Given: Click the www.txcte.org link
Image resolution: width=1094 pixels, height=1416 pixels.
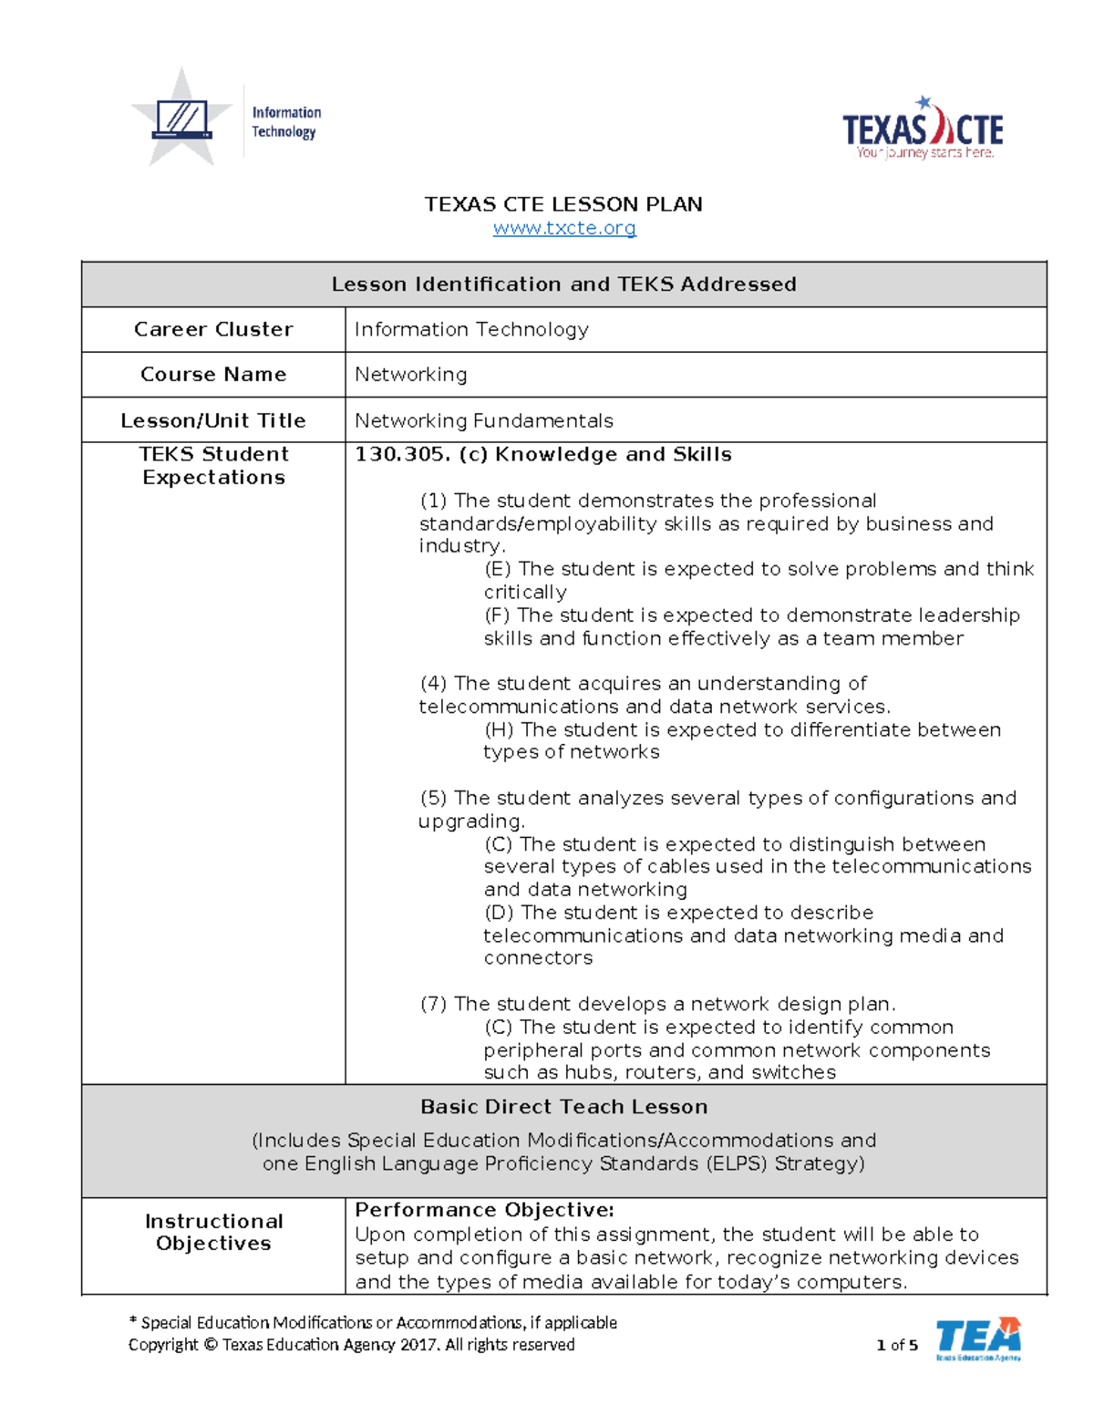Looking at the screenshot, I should (x=564, y=228).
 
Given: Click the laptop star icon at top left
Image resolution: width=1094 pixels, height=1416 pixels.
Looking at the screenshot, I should (x=182, y=119).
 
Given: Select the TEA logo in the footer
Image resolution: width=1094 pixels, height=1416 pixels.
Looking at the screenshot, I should (x=978, y=1338).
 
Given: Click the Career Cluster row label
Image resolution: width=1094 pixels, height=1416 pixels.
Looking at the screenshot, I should (x=213, y=329).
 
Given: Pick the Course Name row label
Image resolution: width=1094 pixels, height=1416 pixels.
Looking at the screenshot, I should (x=213, y=375).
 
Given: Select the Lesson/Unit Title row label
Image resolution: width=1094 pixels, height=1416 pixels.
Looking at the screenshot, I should (x=213, y=420).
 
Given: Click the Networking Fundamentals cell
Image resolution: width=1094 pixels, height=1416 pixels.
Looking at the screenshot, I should (x=483, y=420).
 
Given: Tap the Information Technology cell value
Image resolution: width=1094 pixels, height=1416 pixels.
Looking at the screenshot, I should (x=471, y=329).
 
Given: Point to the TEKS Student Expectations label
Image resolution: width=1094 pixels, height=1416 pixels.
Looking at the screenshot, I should (x=213, y=466).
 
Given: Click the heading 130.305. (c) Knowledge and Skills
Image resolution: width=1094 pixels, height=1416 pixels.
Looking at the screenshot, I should (x=542, y=454).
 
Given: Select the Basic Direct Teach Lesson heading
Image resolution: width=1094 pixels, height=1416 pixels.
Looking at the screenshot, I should (x=563, y=1107).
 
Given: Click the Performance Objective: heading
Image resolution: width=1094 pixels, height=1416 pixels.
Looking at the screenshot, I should (x=484, y=1210).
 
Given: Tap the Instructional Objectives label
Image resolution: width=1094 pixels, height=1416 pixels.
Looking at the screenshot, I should (x=213, y=1232).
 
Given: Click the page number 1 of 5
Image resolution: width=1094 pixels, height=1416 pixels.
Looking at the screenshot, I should (x=897, y=1345).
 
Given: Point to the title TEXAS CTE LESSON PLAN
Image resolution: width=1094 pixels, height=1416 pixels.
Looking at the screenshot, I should (x=563, y=204).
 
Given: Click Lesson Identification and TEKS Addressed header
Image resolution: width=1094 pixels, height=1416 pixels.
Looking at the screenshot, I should (x=563, y=284).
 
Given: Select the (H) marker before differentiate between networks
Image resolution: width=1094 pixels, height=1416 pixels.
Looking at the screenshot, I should (x=499, y=729).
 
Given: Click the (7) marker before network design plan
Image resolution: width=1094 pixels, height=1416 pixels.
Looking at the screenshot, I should (x=433, y=1004).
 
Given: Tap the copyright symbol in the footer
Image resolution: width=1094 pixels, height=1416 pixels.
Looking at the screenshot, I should (x=211, y=1345).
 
